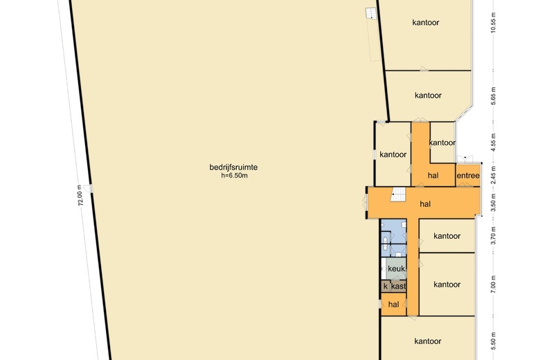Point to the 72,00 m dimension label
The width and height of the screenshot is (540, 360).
tap(80, 196)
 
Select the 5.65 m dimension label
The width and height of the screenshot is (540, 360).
tap(494, 96)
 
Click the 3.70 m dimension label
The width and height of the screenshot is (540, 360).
tap(494, 235)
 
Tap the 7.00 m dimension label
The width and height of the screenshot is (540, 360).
tap(494, 285)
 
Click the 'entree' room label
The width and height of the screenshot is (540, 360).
tap(468, 176)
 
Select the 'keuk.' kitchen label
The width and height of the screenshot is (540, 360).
tap(396, 269)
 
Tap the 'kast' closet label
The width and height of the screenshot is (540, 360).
tap(398, 286)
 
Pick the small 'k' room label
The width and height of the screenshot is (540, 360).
tap(385, 286)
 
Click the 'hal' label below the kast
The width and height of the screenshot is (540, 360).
tap(393, 304)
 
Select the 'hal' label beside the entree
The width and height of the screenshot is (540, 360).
tap(433, 176)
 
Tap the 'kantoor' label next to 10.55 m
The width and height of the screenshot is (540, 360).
tap(426, 22)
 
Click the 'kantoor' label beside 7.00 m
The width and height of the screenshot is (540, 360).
tap(447, 285)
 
